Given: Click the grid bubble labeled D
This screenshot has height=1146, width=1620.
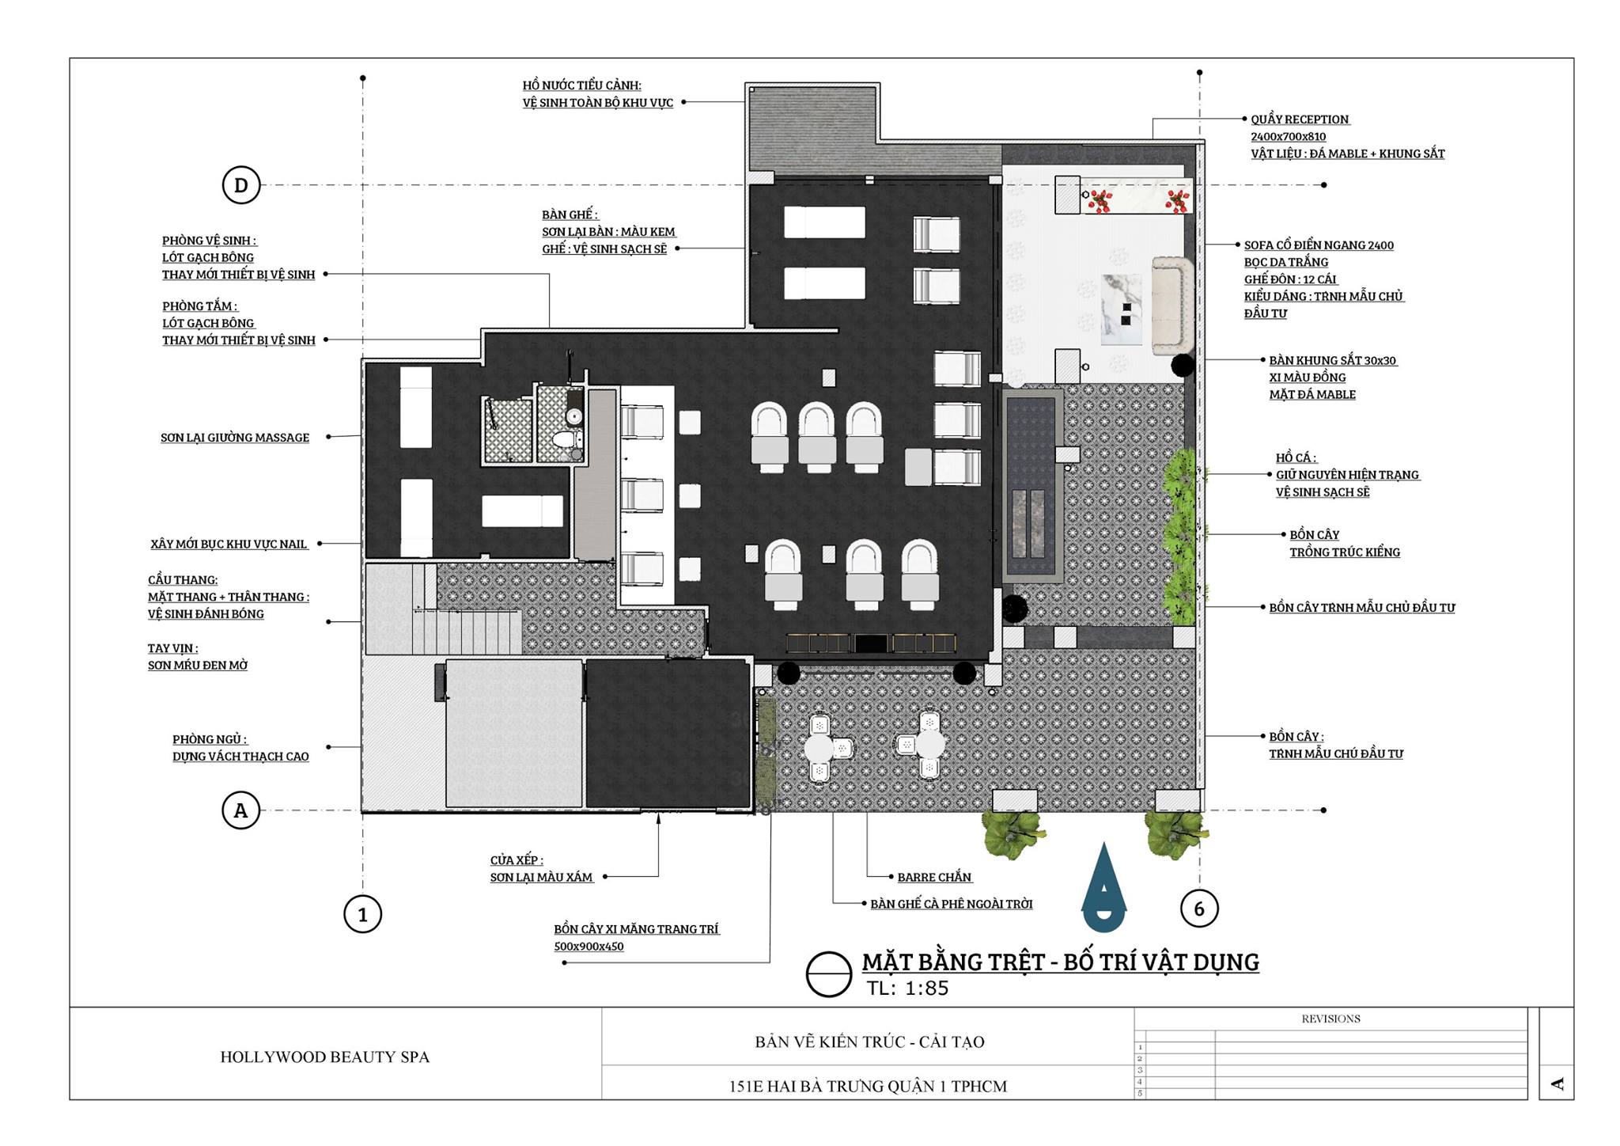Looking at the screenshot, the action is click(x=241, y=185).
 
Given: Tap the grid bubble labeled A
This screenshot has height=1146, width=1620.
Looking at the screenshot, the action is click(x=241, y=810).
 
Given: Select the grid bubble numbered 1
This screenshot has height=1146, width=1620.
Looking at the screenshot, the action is click(x=363, y=914).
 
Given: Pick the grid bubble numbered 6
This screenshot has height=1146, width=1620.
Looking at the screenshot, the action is click(x=1199, y=909).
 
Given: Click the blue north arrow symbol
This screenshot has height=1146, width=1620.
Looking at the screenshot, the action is click(x=1105, y=887).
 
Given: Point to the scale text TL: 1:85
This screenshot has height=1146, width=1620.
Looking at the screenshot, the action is click(x=907, y=988).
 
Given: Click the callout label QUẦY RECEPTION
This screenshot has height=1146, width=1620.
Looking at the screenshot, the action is click(x=1300, y=120).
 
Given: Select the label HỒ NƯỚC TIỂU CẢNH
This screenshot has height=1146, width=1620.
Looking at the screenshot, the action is click(x=581, y=85).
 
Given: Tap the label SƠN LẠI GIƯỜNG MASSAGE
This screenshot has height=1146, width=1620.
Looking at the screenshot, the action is click(x=235, y=438).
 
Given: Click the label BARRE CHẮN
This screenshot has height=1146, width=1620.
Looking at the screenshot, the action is click(x=934, y=877).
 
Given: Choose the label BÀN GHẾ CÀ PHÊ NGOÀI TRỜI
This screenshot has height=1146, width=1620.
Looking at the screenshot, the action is click(x=952, y=904).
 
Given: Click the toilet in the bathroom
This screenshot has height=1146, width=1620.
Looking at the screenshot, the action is click(x=564, y=440).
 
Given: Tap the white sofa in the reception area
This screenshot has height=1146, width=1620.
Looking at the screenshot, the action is click(x=1172, y=305).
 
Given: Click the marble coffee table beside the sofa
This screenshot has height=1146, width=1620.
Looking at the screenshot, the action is click(x=1122, y=309).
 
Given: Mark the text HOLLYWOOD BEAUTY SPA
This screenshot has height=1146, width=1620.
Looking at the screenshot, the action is click(x=324, y=1057).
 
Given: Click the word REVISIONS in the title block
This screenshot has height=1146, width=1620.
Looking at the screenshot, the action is click(x=1330, y=1019).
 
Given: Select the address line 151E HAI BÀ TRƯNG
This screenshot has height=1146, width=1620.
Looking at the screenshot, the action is click(x=868, y=1087).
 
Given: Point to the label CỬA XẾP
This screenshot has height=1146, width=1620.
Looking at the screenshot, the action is click(x=516, y=860).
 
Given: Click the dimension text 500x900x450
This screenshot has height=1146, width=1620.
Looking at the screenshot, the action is click(x=589, y=947).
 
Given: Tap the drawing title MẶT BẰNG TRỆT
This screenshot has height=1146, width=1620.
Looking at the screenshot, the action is click(x=1060, y=962).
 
